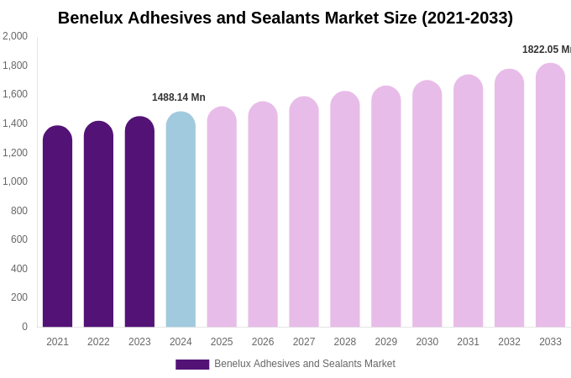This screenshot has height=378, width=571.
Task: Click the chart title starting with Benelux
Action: pyautogui.click(x=285, y=18)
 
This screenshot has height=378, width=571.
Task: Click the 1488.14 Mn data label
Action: pyautogui.click(x=178, y=97)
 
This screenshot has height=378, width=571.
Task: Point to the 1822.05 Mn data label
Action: pyautogui.click(x=546, y=50)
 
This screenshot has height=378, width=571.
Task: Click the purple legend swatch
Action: pyautogui.click(x=192, y=365)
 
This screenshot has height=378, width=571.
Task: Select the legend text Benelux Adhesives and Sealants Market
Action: pyautogui.click(x=304, y=364)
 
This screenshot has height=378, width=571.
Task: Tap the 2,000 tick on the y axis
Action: pyautogui.click(x=15, y=36)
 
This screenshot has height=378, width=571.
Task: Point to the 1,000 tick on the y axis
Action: pyautogui.click(x=15, y=181)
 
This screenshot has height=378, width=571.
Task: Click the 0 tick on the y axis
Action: pyautogui.click(x=24, y=327)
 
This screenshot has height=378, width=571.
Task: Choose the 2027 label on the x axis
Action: pyautogui.click(x=304, y=342)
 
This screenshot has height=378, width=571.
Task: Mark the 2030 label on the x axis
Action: pyautogui.click(x=427, y=342)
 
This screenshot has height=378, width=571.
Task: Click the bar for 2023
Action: pyautogui.click(x=139, y=223)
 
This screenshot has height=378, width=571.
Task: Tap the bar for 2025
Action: pyautogui.click(x=222, y=218)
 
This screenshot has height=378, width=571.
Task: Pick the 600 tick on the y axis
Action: pyautogui.click(x=18, y=239)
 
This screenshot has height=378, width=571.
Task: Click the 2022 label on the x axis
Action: pyautogui.click(x=98, y=342)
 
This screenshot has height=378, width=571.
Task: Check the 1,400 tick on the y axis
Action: pyautogui.click(x=15, y=123)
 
